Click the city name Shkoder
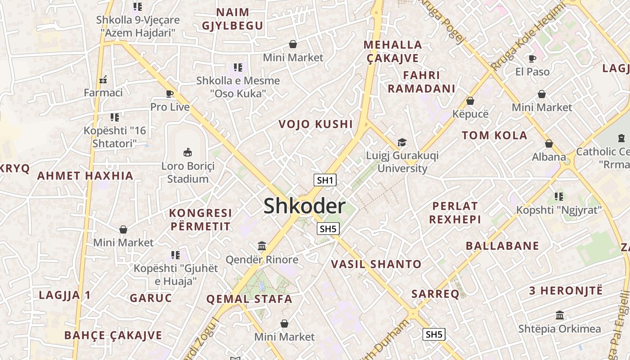[x=304, y=206]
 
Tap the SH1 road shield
[x=325, y=180]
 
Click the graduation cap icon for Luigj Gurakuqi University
[x=402, y=143]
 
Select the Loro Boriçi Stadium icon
[x=188, y=153]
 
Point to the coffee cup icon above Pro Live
[x=170, y=94]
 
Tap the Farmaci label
[x=103, y=93]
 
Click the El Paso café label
[x=532, y=72]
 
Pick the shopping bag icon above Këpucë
[x=470, y=101]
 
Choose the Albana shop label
[x=549, y=157]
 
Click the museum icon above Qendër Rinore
[x=262, y=246]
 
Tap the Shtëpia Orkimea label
[x=559, y=328]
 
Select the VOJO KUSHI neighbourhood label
[x=315, y=124]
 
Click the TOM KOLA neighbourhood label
[x=494, y=135]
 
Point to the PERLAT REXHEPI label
[x=454, y=213]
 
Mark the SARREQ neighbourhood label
[x=435, y=294]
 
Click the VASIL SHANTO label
[x=376, y=264]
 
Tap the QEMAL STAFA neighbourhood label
[x=249, y=299]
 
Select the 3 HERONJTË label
[x=565, y=290]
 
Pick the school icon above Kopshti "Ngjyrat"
[x=559, y=196]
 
